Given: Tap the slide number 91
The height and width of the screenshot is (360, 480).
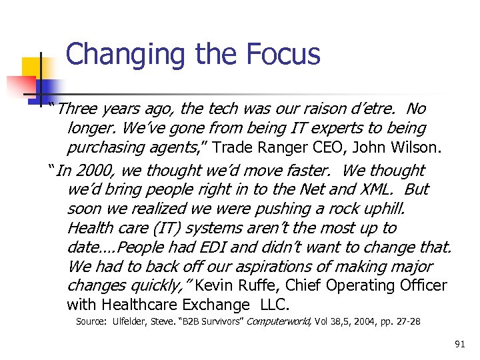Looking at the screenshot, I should point(459,344).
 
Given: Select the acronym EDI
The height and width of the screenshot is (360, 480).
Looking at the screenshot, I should point(211,247).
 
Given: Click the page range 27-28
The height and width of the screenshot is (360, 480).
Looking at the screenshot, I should point(407,322).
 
